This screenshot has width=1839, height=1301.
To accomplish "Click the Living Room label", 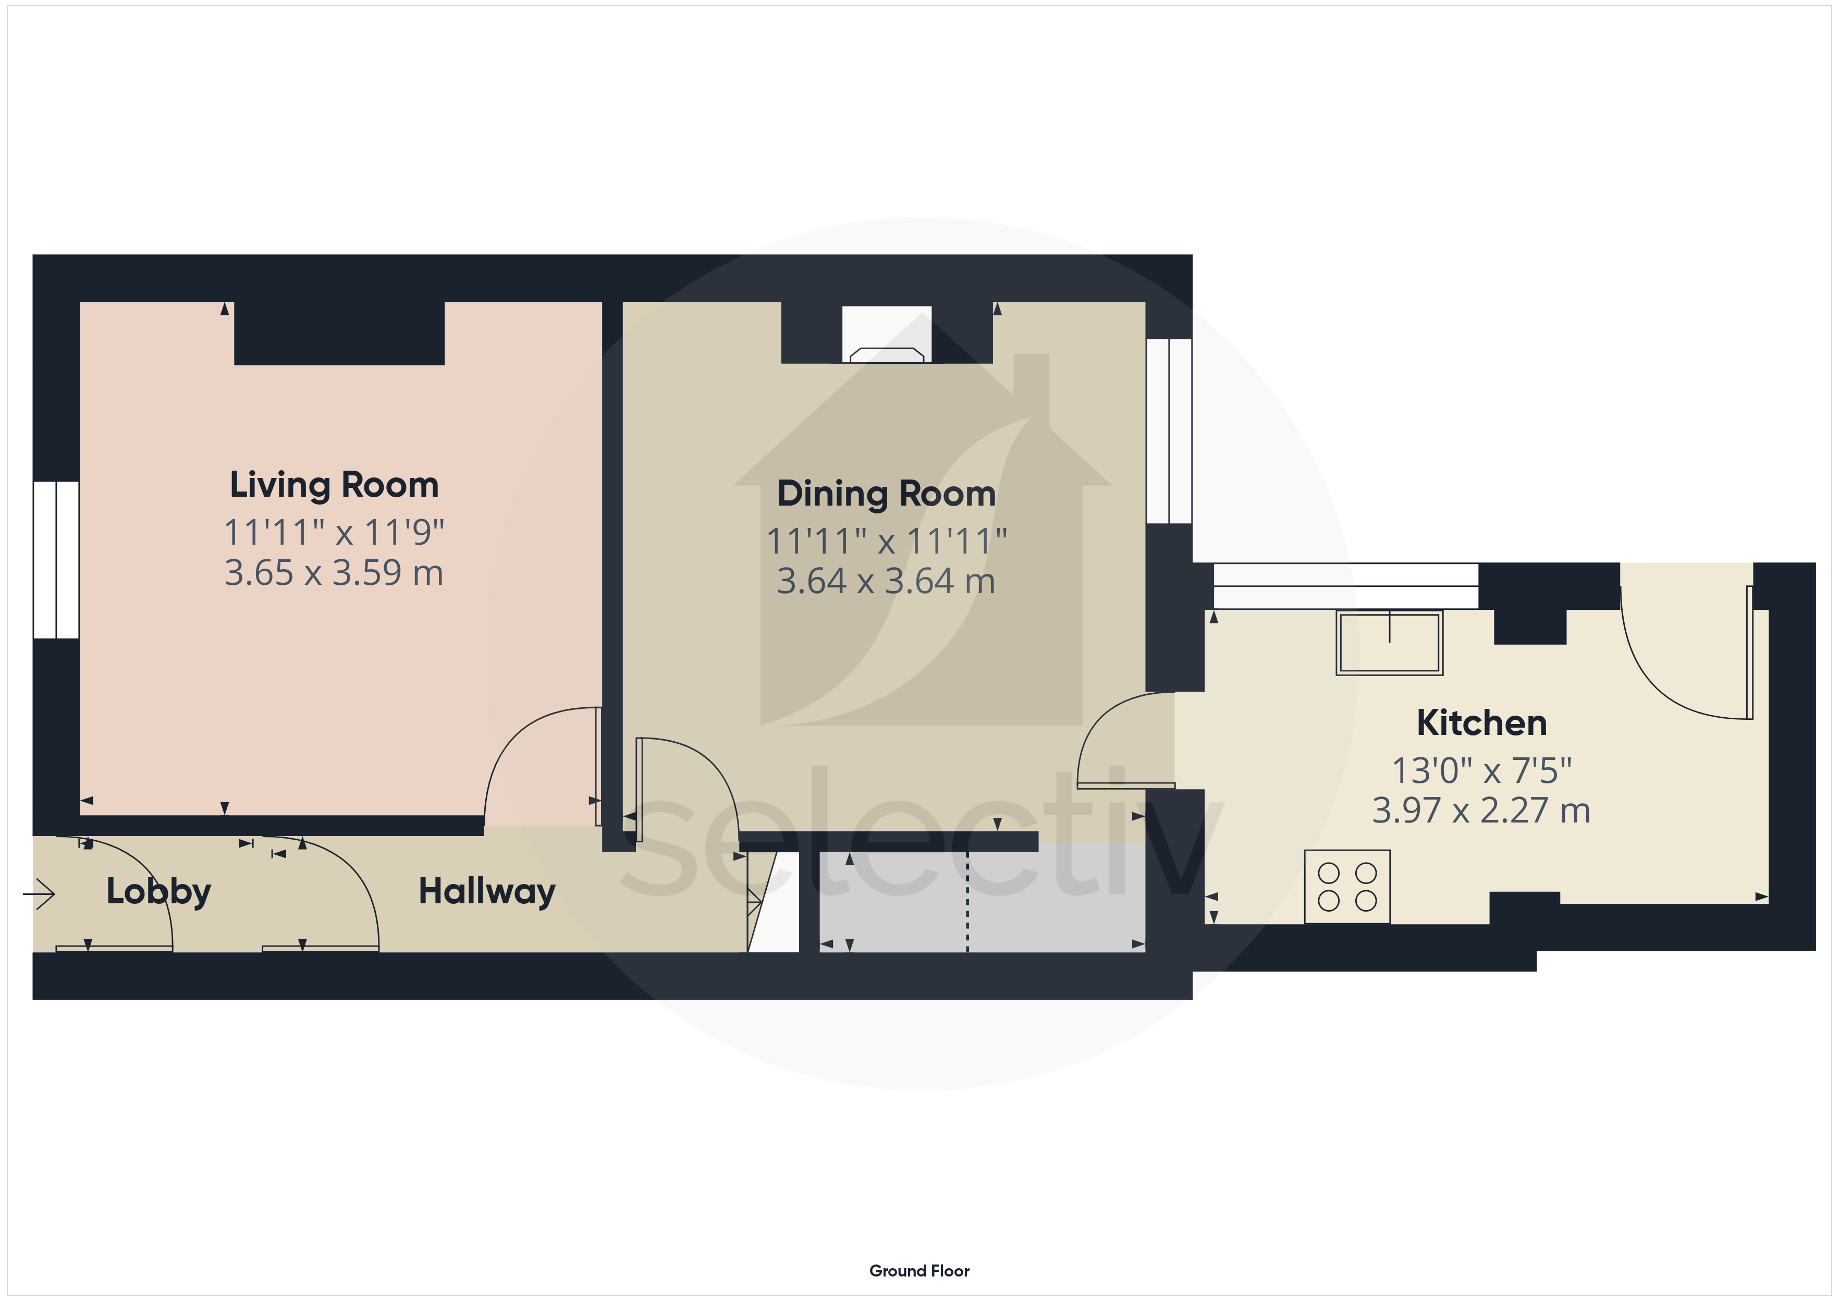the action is coord(334,485).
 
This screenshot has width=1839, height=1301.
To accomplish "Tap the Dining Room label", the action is coord(887,494).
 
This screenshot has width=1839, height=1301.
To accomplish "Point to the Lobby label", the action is coord(158,892).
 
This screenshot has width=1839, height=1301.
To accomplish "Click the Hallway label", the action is coord(487,892).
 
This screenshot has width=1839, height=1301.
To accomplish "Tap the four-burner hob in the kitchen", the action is coord(1347,887).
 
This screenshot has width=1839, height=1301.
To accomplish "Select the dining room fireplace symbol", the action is coord(887,335).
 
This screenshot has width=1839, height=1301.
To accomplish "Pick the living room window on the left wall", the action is coord(56,560).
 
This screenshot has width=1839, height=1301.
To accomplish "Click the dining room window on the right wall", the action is coord(1169,431).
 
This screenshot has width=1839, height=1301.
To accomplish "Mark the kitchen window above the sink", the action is coord(1345,586).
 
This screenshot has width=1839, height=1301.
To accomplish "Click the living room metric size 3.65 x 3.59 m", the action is coord(334,573).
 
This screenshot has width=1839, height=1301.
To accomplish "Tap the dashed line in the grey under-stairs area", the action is coord(967,901).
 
